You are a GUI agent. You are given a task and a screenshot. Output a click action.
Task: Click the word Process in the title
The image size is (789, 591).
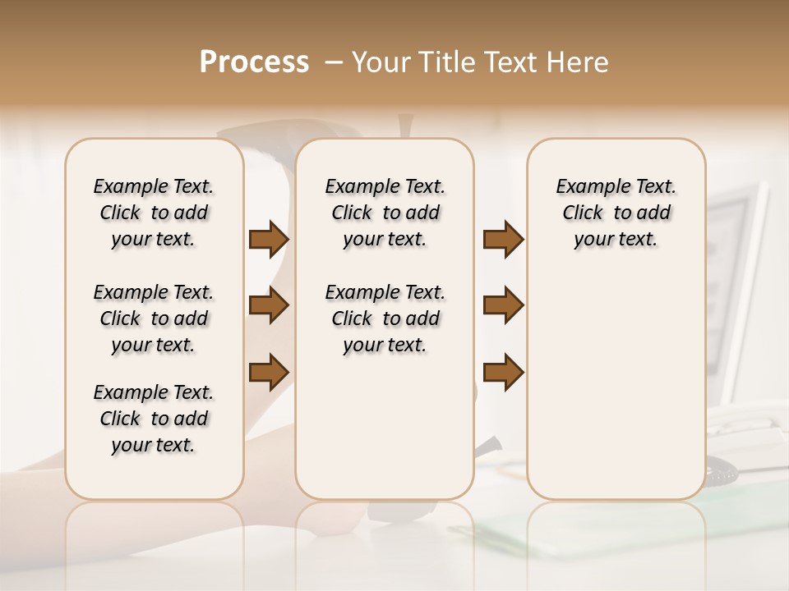(254, 62)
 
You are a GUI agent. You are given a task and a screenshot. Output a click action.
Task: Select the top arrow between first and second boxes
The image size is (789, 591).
(269, 239)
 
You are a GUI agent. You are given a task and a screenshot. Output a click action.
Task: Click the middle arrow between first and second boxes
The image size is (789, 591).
(269, 305)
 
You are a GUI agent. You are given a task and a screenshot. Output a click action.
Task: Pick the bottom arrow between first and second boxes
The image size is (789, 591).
(269, 371)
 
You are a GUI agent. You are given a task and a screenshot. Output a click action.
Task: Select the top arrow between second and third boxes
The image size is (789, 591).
(503, 239)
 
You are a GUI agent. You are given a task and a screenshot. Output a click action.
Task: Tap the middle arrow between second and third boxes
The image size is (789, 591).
(503, 305)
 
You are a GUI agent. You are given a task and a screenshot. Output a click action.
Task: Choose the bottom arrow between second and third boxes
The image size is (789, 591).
(503, 371)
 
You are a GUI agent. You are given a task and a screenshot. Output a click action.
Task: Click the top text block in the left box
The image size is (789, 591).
(154, 213)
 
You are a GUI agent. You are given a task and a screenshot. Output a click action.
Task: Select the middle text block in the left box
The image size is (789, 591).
(154, 318)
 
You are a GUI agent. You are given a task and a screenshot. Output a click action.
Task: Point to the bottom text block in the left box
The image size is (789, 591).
(154, 419)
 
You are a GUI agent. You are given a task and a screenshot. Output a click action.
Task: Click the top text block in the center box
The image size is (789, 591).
(385, 213)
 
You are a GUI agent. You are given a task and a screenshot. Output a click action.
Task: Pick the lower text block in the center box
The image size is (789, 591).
(385, 318)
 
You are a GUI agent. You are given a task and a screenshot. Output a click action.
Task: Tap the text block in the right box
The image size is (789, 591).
(616, 213)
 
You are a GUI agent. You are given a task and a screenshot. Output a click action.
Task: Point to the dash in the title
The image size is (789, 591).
(333, 62)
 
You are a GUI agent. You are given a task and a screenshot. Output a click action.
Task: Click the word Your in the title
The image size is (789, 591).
(381, 62)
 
